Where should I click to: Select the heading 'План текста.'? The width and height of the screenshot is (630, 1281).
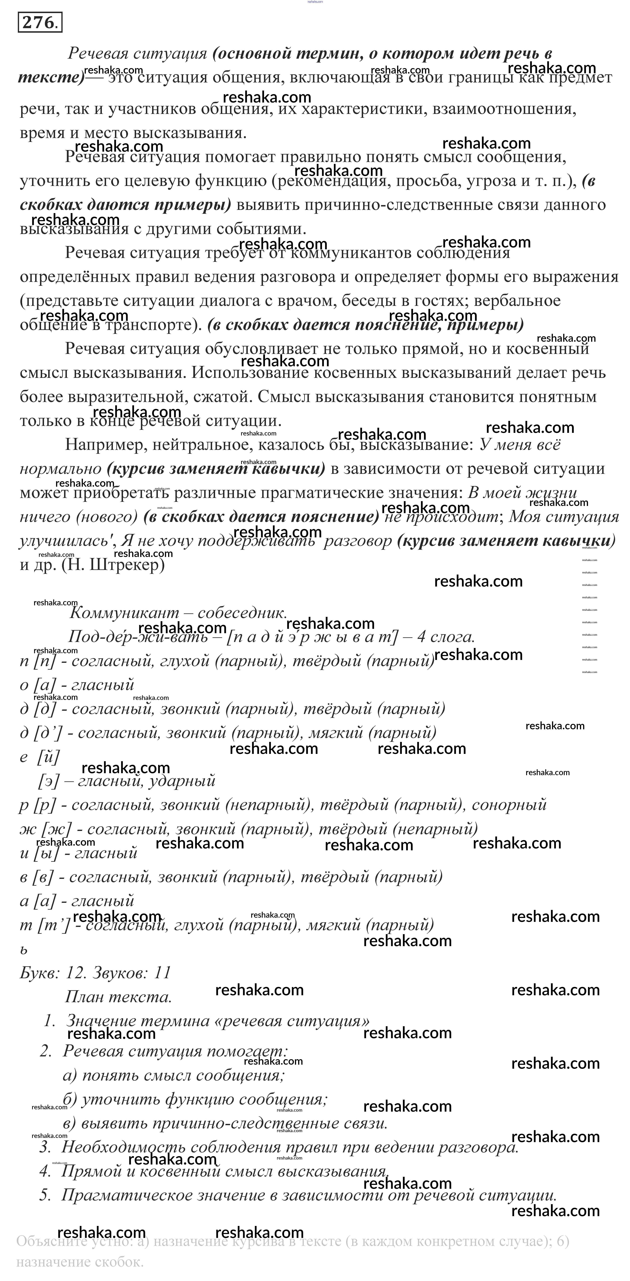point(118,997)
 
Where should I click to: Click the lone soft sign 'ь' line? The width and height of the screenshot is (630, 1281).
point(23,949)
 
